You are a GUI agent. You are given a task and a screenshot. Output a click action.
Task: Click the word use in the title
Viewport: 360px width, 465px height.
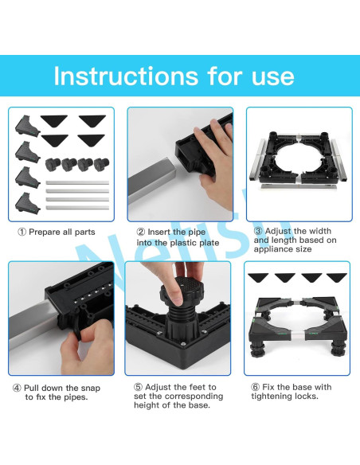[272, 76]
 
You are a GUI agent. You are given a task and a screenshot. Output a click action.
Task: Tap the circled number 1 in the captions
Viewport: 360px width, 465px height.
[22, 232]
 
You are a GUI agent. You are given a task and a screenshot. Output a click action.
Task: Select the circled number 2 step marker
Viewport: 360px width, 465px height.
[141, 232]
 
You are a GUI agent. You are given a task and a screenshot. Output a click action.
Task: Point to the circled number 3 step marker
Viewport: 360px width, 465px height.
[259, 231]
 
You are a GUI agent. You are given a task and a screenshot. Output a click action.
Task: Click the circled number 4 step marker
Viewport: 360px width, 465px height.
[17, 388]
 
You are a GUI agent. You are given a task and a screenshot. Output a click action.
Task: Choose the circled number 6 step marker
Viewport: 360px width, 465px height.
[256, 387]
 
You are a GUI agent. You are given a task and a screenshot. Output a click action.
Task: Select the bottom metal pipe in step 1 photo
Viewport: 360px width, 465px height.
[77, 208]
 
